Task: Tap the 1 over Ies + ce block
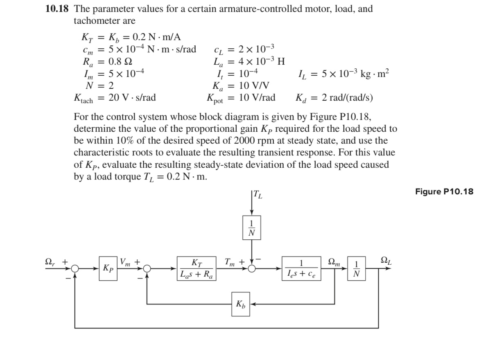[x=301, y=269]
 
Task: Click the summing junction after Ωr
[x=75, y=269]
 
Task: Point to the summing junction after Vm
[x=147, y=269]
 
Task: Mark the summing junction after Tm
[x=252, y=269]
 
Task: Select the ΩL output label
[x=386, y=259]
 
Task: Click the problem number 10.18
[x=56, y=9]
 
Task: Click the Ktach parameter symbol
[x=83, y=98]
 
